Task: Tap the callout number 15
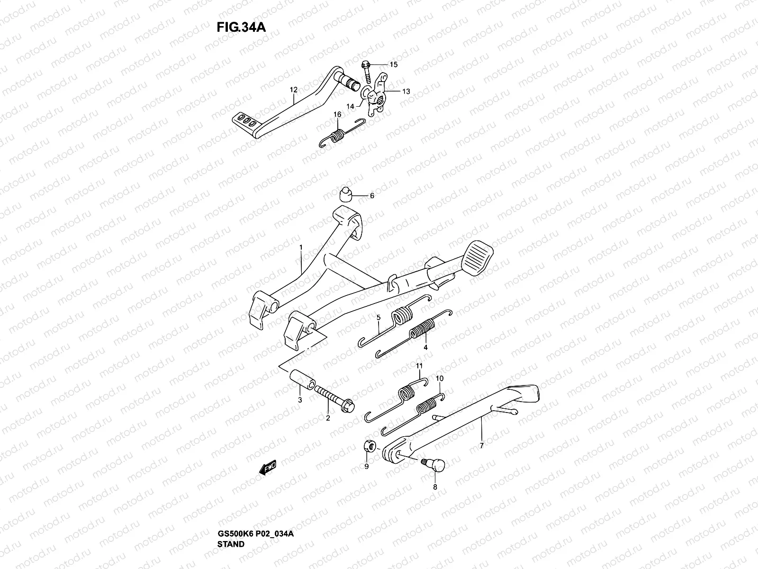(394, 64)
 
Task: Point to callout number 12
(294, 90)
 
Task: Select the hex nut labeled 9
(372, 445)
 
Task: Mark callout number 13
(406, 91)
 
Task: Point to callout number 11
(419, 366)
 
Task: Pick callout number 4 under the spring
(425, 347)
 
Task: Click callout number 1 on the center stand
(300, 248)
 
